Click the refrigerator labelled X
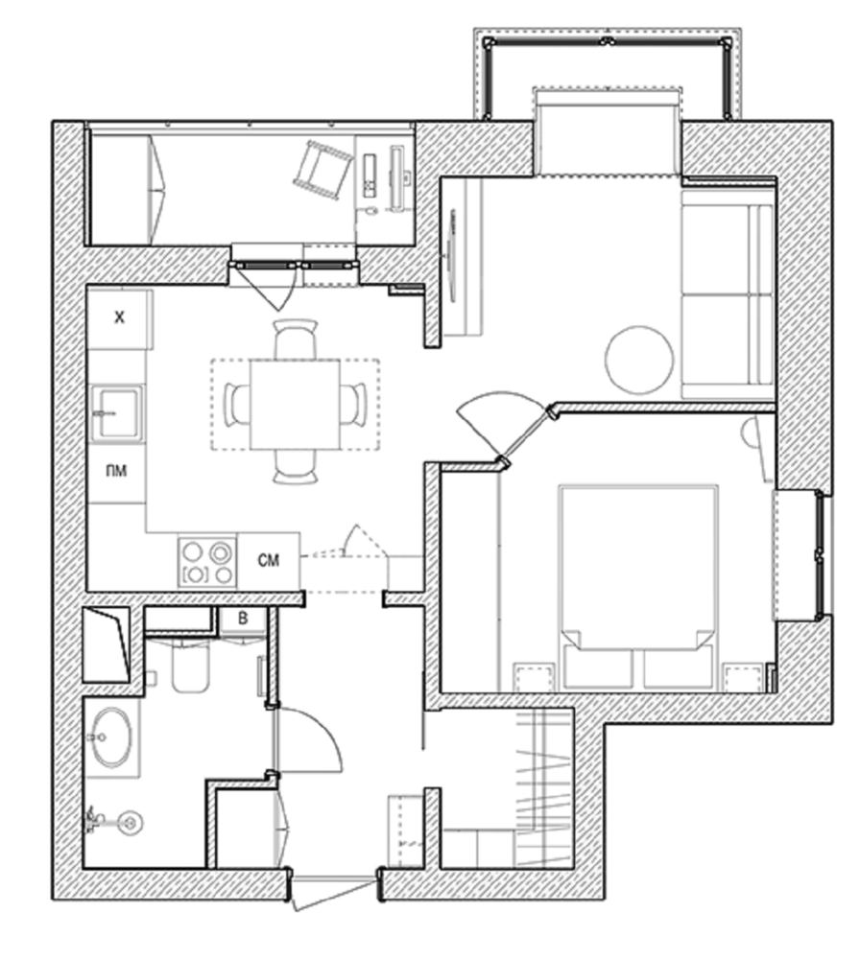(x=119, y=319)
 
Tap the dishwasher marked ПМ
(x=116, y=472)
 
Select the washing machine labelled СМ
(x=269, y=560)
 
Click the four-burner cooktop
(x=207, y=561)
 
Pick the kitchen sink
(x=117, y=412)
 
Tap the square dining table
(x=295, y=406)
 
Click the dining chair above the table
(x=296, y=339)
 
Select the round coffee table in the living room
(x=639, y=360)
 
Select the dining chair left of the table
(x=238, y=405)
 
